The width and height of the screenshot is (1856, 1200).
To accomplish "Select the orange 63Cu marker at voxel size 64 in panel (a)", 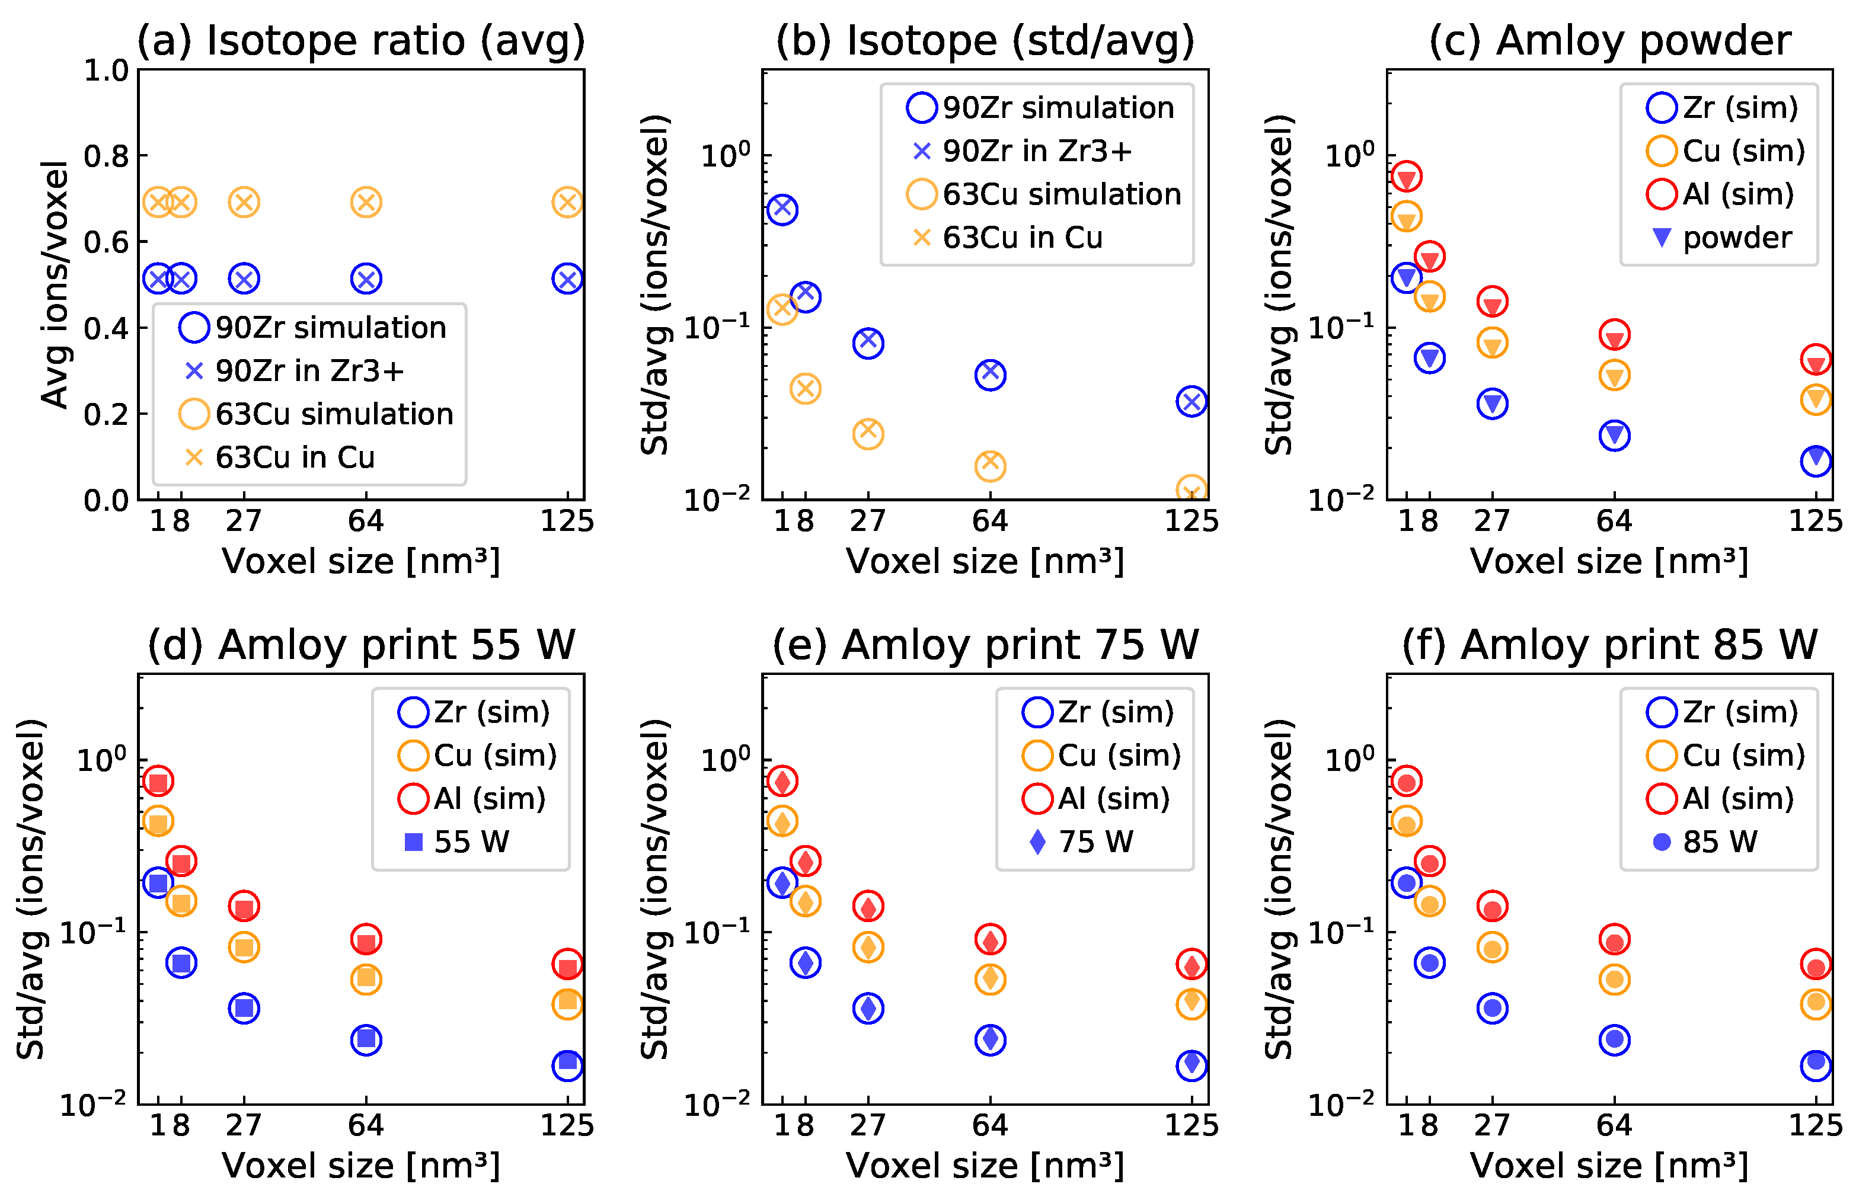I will (x=366, y=203).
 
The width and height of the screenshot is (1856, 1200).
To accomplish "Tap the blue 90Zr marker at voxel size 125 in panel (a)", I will (x=567, y=279).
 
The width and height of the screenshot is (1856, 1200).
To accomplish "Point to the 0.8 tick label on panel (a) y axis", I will (x=106, y=156).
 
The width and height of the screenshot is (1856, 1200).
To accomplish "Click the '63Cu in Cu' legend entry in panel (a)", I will (x=295, y=457).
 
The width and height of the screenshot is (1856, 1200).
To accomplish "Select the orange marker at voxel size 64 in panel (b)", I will (x=990, y=466).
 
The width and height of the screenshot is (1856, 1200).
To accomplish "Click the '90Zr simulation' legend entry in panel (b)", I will (x=1058, y=107).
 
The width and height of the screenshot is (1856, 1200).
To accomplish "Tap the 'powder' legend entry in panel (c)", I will (x=1737, y=238).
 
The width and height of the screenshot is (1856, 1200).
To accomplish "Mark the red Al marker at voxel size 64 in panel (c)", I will (x=1614, y=335).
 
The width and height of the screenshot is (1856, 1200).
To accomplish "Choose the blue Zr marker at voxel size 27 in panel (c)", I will (x=1492, y=404).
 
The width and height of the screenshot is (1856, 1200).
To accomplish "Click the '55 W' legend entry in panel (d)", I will (x=471, y=841).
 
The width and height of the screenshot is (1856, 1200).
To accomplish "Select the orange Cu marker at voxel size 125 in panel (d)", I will (x=567, y=1004).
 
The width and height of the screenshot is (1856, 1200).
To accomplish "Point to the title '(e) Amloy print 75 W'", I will (x=985, y=645).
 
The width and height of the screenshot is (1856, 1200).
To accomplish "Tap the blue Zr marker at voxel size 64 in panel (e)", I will (x=990, y=1039).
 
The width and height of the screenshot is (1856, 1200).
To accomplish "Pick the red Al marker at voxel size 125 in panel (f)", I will (x=1816, y=965).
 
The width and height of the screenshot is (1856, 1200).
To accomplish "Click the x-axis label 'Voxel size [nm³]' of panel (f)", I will (x=1609, y=1166).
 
